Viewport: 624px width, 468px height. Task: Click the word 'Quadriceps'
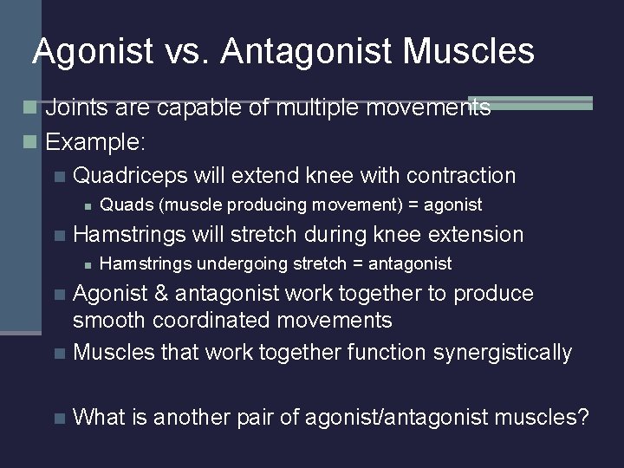pyautogui.click(x=131, y=176)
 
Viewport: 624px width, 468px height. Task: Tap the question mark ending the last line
pyautogui.click(x=582, y=418)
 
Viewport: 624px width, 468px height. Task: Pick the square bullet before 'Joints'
pyautogui.click(x=30, y=108)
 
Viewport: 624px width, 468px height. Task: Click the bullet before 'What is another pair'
pyautogui.click(x=58, y=419)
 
